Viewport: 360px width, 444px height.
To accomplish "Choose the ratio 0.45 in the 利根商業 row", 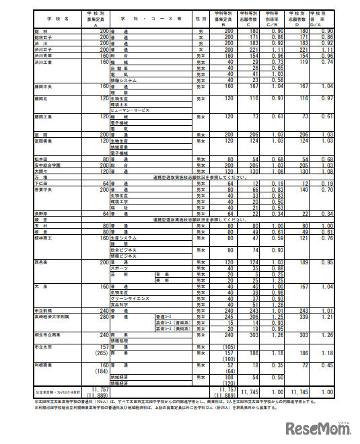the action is (x=327, y=364).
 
